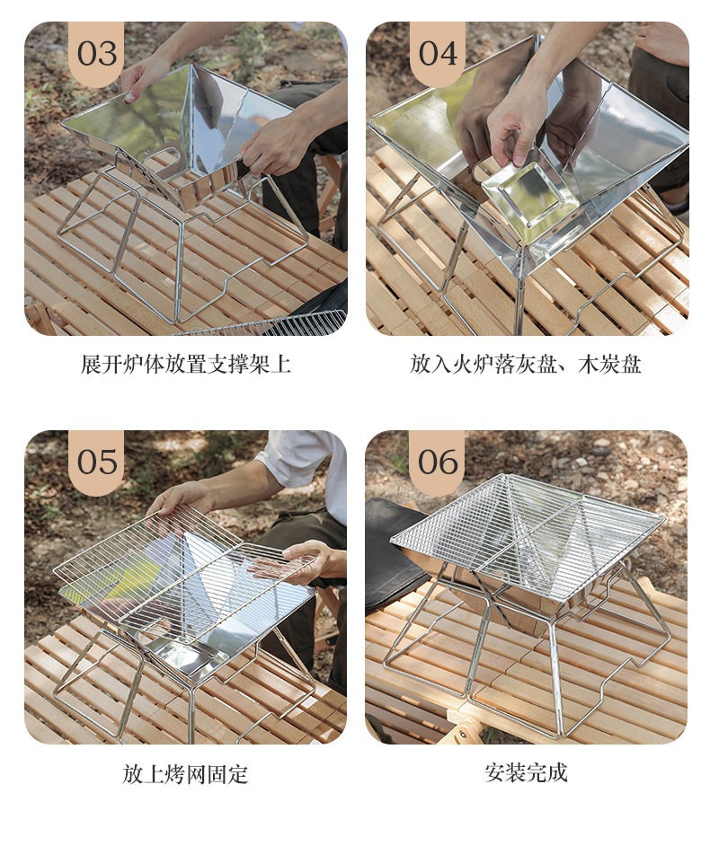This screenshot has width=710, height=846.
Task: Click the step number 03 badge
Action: tap(97, 54)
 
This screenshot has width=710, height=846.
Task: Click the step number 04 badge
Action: tap(438, 54)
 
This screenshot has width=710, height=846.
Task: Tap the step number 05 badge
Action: tap(97, 463)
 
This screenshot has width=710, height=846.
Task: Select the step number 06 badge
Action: tap(438, 463)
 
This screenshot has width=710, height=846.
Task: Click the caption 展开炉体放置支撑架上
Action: tap(186, 365)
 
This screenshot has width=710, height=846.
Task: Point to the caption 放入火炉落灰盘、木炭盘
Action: tap(526, 365)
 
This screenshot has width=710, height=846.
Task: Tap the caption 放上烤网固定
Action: tap(185, 774)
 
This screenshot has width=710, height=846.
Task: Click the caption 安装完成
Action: tap(526, 772)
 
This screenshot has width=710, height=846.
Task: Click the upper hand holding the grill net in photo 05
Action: tap(179, 498)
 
